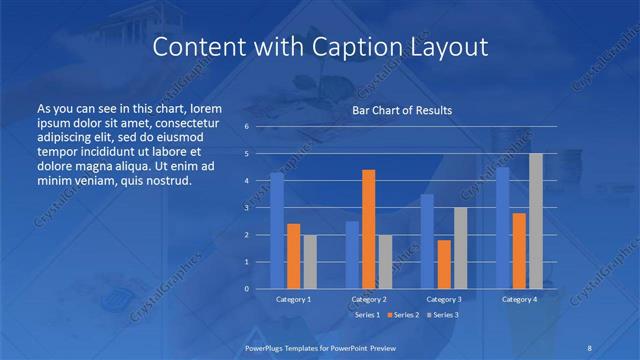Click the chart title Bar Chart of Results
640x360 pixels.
pos(401,110)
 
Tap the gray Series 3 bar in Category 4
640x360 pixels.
pos(535,221)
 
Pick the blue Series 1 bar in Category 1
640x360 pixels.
pos(277,231)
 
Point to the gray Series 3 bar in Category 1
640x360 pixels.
pos(309,261)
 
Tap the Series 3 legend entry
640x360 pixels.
pos(442,314)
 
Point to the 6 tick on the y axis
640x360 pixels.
pos(246,127)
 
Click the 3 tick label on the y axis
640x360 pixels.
pos(246,208)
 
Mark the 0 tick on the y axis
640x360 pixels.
pos(246,289)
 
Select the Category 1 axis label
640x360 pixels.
pos(293,299)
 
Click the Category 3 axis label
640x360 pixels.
pos(444,299)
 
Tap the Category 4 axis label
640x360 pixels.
pos(519,299)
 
